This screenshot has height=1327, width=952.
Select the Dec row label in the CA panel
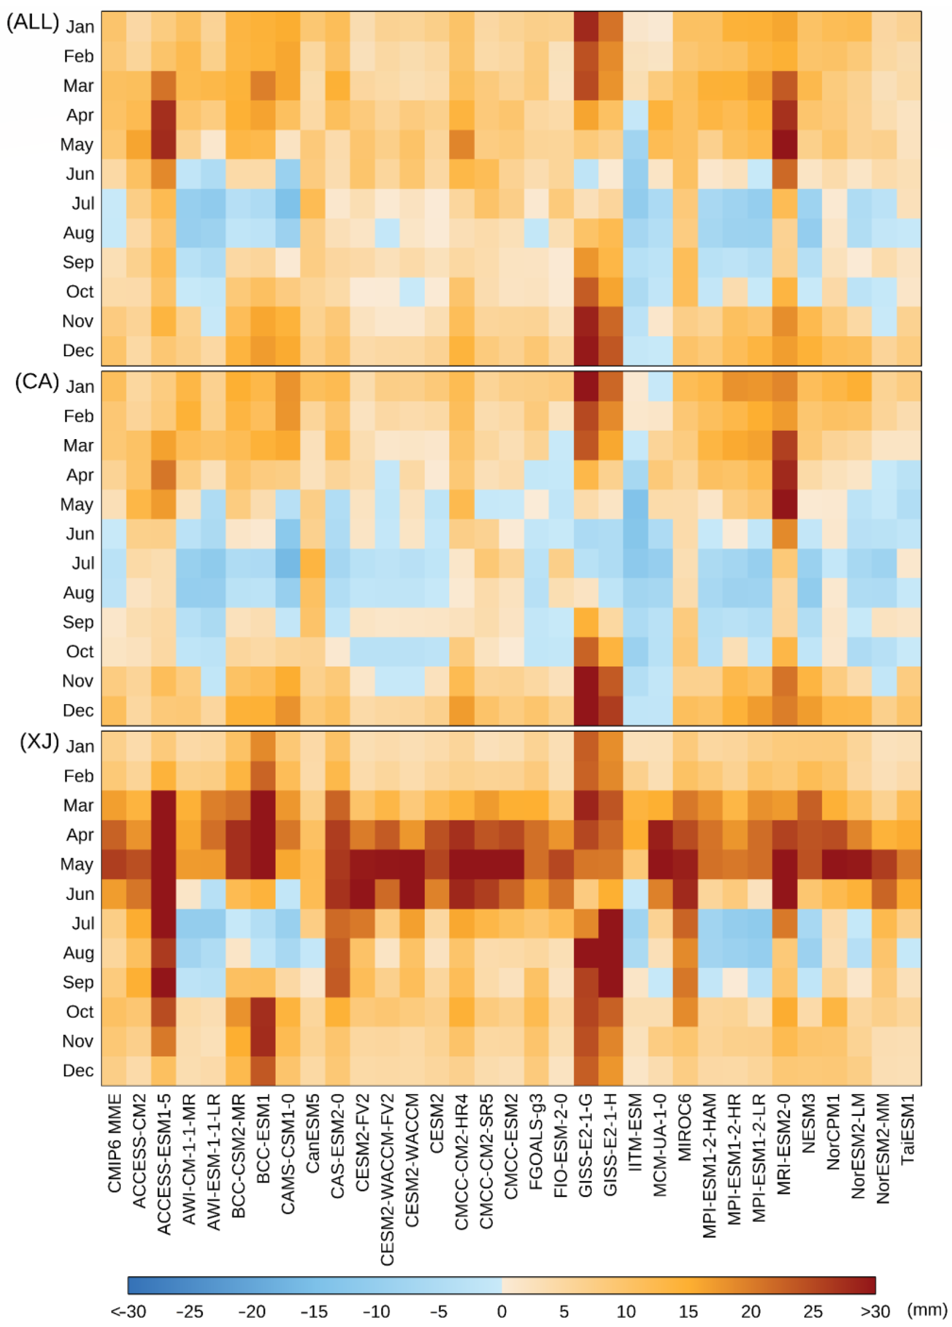click(x=78, y=710)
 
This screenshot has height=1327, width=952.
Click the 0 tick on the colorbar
click(x=501, y=1311)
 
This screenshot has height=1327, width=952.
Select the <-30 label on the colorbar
click(x=128, y=1311)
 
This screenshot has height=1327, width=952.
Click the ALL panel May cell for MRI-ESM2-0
click(x=784, y=145)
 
